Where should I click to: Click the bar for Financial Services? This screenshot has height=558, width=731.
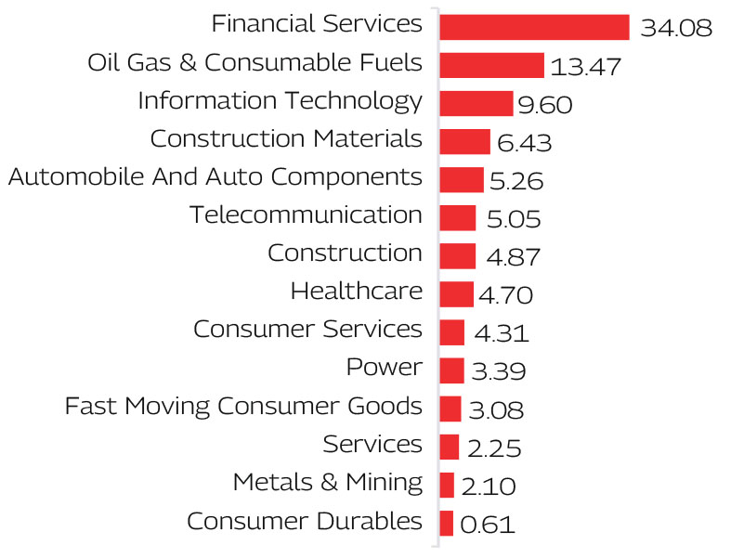point(534,27)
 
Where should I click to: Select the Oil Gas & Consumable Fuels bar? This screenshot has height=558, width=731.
point(491,65)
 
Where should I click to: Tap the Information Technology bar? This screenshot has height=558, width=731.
point(476,103)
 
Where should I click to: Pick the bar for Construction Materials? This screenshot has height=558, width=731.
point(464,141)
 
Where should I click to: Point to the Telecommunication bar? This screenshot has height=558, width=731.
point(457,218)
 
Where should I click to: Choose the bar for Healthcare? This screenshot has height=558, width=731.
point(456,294)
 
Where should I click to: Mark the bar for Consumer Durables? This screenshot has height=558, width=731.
point(446,523)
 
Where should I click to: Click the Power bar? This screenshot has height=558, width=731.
point(451,370)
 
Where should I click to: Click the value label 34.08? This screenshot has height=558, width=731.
point(676,29)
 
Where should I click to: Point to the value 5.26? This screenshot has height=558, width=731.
point(516,181)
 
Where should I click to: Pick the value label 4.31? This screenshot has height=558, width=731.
point(502,333)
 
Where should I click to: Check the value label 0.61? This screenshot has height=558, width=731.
point(487,525)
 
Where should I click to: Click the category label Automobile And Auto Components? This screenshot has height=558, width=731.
point(215,176)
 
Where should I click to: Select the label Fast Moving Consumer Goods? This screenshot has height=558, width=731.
point(243,406)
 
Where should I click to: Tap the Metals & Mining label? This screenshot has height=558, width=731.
point(327,482)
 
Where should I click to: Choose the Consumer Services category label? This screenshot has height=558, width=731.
point(307,330)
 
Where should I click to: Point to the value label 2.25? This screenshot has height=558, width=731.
point(493,448)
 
